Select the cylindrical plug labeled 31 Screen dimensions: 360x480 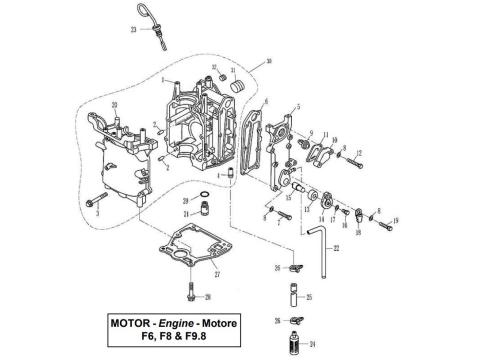click(x=239, y=88)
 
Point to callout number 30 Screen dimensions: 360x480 click(x=268, y=62)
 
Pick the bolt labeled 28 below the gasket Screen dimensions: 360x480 click(x=189, y=294)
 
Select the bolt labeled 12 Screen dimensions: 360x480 click(x=349, y=153)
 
